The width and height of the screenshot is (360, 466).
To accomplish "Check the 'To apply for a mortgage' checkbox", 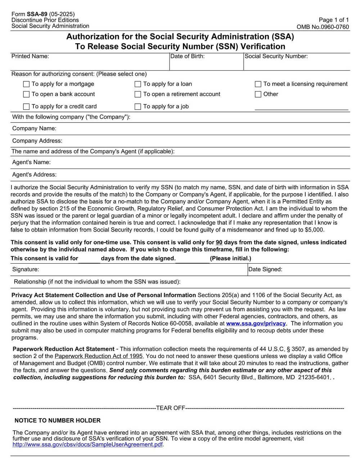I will pos(26,84).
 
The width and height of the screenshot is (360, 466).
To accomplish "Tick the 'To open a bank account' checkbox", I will pos(26,94).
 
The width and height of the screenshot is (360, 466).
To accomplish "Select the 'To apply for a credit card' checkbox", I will pos(26,107).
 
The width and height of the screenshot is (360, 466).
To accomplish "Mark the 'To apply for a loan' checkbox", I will pos(138,84).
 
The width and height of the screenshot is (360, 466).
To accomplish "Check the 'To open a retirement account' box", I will pos(138,94).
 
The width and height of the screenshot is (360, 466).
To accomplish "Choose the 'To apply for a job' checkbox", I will pos(138,107).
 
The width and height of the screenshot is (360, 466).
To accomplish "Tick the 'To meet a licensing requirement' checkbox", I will pos(258,84).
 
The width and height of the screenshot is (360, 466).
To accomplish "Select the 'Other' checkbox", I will pos(258,94).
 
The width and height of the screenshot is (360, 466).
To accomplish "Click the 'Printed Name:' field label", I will pos(30,56).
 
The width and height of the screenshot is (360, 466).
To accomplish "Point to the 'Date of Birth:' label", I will pos(187,56).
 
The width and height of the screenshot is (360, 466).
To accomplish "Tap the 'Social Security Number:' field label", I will pos(276,56).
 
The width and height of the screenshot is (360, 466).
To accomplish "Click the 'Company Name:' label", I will pos(34,129).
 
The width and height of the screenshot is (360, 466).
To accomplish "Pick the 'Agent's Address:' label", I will pos(34,175).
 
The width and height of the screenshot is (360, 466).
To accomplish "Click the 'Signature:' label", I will pos(26,269).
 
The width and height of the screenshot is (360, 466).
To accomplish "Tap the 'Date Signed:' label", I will pos(265,269).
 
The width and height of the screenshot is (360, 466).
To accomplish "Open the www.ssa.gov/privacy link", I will pos(256,323).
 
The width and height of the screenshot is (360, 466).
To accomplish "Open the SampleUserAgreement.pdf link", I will pos(88,444).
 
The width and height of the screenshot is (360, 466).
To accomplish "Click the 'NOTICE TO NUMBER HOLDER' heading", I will pos(58,421).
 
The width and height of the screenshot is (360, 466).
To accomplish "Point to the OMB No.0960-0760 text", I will pos(323,27).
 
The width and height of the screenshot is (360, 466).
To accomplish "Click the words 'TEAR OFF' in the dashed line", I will pos(170,408).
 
